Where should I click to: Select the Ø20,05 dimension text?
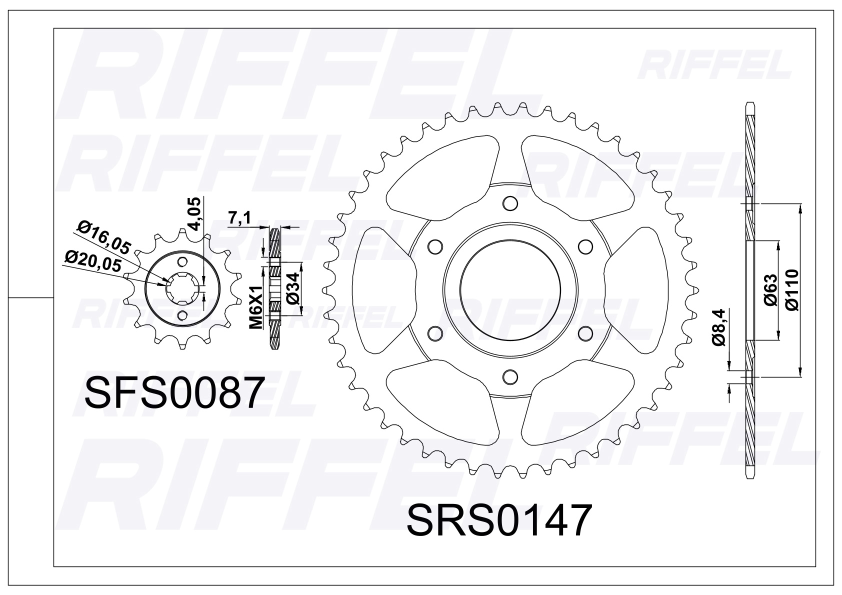[93, 262]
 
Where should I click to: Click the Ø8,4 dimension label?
[719, 327]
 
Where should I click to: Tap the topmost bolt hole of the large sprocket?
[509, 203]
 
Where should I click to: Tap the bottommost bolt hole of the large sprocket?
[509, 376]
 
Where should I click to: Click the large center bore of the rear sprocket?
[509, 289]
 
